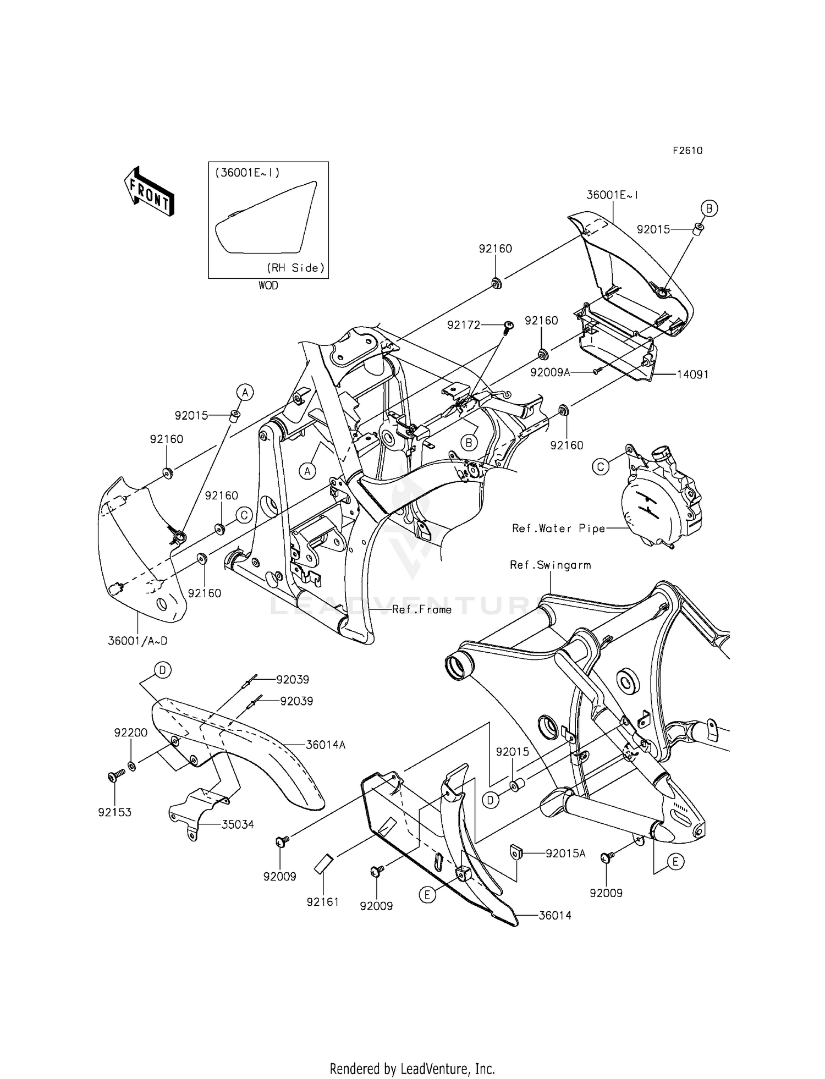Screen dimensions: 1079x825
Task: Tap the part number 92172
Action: point(464,325)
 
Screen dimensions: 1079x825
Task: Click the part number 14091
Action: point(692,375)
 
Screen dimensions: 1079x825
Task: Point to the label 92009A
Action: point(550,372)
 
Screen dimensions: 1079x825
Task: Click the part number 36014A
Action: point(326,745)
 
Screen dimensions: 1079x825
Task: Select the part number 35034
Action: point(238,824)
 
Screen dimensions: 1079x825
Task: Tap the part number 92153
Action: point(114,812)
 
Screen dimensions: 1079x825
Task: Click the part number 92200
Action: point(130,733)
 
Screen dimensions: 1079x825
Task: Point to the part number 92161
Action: point(323,901)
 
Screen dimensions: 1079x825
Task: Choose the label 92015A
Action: point(565,854)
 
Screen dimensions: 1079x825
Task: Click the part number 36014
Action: point(555,915)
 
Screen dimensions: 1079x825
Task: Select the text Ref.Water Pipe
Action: point(558,529)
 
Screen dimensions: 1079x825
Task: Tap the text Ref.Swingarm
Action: point(550,565)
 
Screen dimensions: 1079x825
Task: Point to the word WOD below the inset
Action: point(268,285)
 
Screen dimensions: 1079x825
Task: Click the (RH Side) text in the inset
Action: point(296,268)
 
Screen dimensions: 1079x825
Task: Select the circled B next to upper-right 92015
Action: point(709,208)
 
